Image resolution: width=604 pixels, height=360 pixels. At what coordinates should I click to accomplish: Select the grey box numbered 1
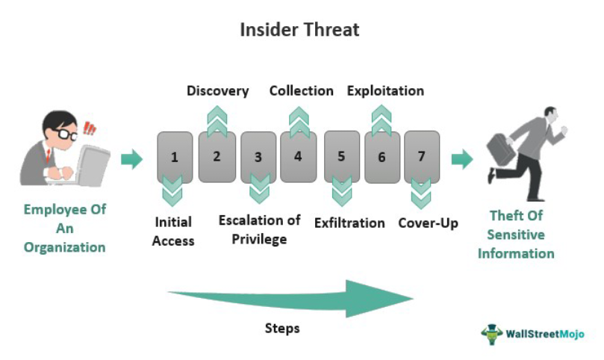tap(175, 157)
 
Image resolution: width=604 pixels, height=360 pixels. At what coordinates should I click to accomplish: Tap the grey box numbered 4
tap(298, 157)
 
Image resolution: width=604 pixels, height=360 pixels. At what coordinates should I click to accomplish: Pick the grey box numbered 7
tap(422, 157)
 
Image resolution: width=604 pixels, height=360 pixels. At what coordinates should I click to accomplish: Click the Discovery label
tap(217, 91)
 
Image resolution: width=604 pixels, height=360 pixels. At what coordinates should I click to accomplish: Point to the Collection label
tap(301, 91)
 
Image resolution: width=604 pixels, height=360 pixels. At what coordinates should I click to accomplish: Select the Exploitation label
tap(385, 91)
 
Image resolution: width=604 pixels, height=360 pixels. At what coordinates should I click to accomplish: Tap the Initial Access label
tap(173, 231)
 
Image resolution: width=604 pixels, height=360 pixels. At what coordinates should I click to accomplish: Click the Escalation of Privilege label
tap(259, 229)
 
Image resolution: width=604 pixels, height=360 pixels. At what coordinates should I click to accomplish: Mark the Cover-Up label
tap(428, 223)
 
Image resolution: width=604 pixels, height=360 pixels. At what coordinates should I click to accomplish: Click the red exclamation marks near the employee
tap(90, 128)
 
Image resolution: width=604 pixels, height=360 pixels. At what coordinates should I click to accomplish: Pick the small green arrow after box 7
tap(462, 158)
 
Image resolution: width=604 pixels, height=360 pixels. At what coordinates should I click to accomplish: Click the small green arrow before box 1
tap(132, 158)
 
